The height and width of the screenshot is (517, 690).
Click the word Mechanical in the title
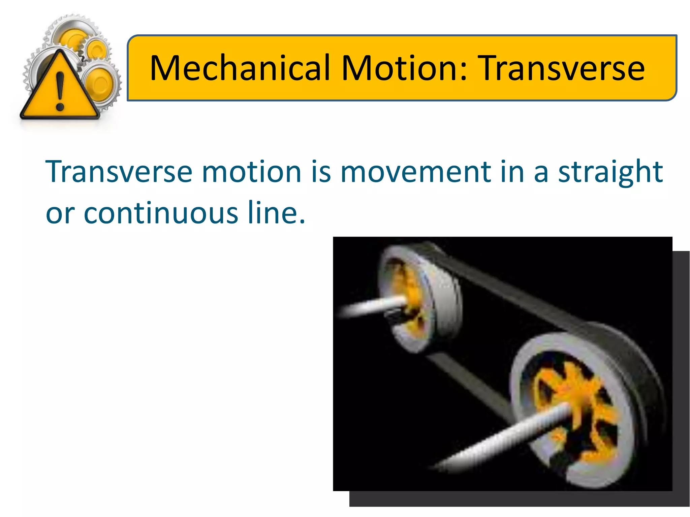tap(240, 68)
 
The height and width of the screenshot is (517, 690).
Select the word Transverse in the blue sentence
tap(119, 172)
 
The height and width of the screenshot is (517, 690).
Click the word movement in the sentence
tap(415, 172)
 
